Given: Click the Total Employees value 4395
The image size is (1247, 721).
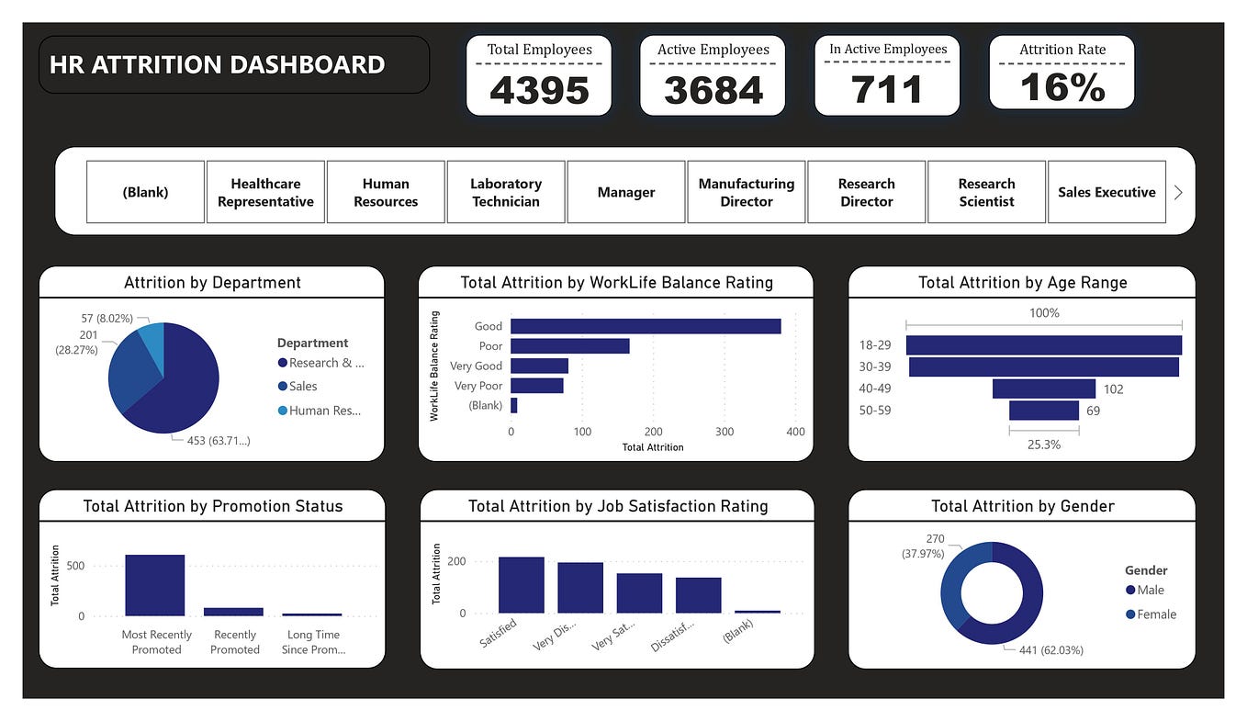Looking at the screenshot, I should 538,90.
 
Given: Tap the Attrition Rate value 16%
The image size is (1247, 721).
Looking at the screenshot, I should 1062,88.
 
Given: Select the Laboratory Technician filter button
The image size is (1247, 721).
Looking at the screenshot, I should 506,192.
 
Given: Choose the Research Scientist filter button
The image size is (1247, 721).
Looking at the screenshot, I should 986,192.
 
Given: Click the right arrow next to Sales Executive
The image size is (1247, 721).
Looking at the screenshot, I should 1178,192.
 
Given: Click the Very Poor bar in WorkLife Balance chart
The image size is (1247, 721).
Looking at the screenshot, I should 537,386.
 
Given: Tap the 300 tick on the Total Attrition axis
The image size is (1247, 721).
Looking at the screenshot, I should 725,432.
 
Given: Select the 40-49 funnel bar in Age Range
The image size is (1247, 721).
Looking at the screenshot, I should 1043,389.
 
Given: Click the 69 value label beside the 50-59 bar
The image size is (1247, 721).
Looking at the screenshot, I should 1093,411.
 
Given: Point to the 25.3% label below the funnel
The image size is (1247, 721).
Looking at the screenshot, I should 1044,445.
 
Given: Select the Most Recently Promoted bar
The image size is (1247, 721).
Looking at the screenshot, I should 155,585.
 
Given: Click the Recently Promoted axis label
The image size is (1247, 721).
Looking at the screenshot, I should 235,642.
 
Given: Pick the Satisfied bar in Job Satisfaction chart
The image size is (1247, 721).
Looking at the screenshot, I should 521,585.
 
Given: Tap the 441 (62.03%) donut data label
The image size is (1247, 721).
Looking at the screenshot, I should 1050,650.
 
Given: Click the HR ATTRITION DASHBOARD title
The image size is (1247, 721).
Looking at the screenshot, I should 217,65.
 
